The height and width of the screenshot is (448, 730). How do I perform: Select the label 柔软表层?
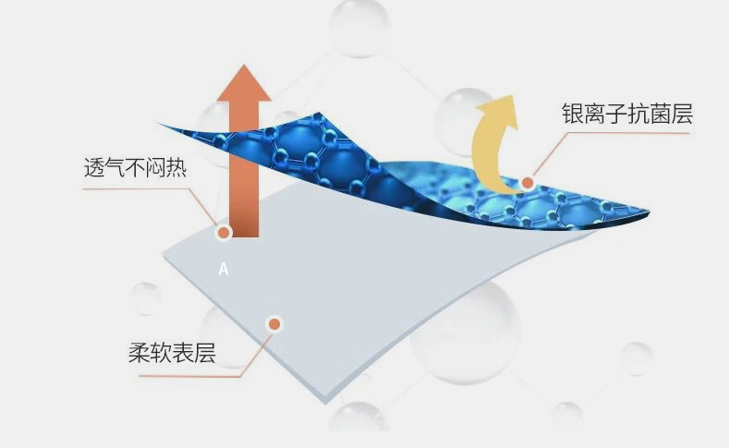[x=172, y=354]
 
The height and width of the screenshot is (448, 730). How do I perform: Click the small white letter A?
[x=223, y=271]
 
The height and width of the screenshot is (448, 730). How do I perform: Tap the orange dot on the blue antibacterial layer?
[x=528, y=183]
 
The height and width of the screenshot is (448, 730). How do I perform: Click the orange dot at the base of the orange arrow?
[x=223, y=231]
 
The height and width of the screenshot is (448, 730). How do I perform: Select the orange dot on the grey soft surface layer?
[x=274, y=323]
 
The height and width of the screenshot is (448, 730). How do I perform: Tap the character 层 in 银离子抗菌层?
[x=680, y=115]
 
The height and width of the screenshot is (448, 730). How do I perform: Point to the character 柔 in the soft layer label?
[x=140, y=354]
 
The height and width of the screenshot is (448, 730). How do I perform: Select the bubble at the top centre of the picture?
[x=360, y=26]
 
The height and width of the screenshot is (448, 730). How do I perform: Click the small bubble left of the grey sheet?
[x=145, y=298]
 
